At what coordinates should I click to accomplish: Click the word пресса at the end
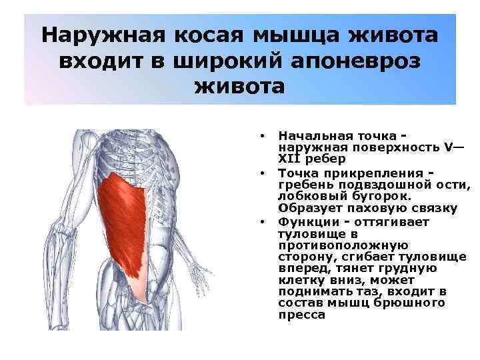(302, 315)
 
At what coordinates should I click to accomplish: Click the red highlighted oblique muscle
(127, 220)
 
